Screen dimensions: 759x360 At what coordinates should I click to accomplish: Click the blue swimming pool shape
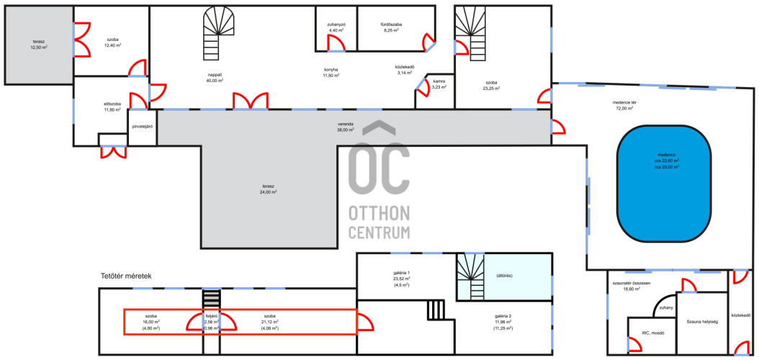tap(664, 184)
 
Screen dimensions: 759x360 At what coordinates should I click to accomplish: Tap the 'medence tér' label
tap(623, 102)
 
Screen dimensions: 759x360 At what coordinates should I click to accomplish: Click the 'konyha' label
tap(331, 69)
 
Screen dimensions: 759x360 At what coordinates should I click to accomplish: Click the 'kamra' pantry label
tap(439, 81)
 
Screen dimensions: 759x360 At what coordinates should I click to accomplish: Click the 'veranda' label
tap(346, 123)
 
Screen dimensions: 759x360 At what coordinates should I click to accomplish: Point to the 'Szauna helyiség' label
tap(701, 321)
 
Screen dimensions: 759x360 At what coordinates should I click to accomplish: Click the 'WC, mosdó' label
tap(652, 333)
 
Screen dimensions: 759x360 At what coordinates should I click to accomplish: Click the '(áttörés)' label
tap(504, 275)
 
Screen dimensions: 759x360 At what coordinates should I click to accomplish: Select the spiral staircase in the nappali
tap(218, 33)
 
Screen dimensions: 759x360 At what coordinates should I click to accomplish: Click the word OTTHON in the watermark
tap(379, 212)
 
